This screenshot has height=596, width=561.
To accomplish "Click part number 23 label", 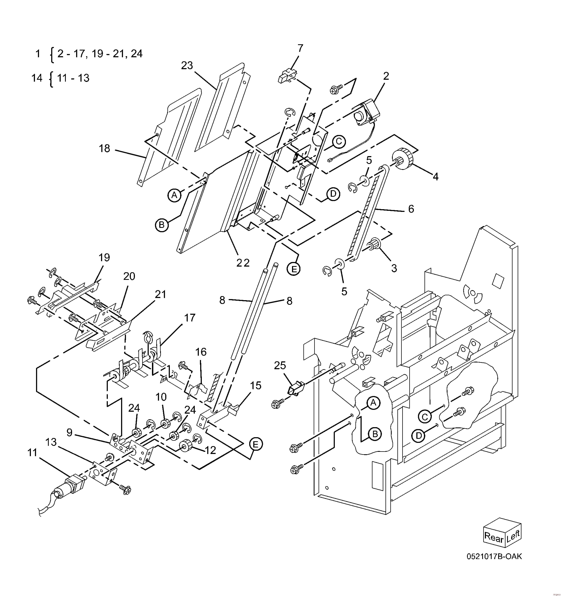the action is click(187, 65).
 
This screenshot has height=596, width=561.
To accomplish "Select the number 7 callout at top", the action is click(300, 48).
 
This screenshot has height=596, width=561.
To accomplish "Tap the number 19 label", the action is click(104, 257).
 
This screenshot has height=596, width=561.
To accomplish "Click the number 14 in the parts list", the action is click(37, 78).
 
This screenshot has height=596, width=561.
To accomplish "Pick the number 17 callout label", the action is click(189, 317).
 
